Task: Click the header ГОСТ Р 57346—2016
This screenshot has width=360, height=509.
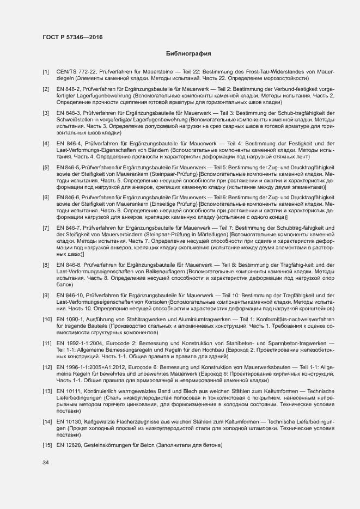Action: point(72,38)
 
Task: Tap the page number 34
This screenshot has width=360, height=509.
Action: point(46,463)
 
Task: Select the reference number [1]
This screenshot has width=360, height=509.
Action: point(46,72)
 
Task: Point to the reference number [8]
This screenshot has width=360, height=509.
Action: point(46,265)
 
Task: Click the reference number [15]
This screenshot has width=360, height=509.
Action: point(47,446)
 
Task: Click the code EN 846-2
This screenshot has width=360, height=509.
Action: point(69,89)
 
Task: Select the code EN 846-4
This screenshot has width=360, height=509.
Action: point(69,143)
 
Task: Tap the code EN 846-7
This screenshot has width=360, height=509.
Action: point(69,227)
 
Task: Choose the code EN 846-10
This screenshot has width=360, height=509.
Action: point(70,295)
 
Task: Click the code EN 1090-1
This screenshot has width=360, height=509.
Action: point(70,318)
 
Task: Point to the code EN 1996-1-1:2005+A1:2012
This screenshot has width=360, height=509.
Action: point(92,367)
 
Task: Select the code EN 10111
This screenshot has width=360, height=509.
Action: point(69,391)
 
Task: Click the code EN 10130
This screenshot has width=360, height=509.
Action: point(69,422)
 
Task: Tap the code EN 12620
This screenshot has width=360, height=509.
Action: point(69,446)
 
